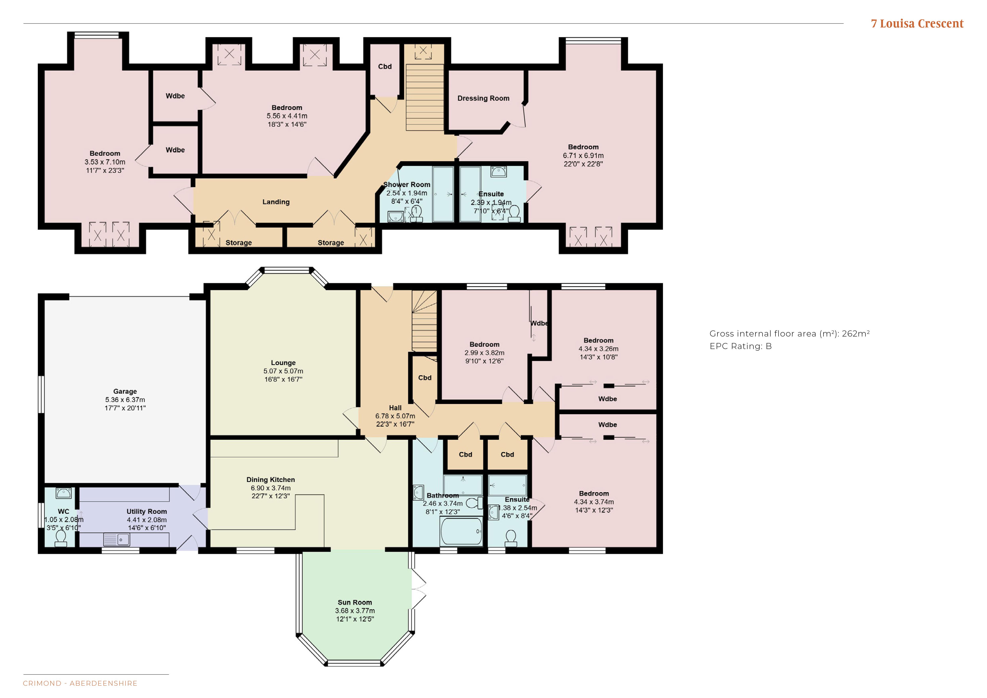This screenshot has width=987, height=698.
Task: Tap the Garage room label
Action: (125, 391)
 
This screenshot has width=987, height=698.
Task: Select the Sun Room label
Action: (355, 602)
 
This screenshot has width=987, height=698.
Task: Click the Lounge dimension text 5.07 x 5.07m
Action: (283, 371)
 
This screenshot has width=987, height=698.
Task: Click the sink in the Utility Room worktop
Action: (117, 539)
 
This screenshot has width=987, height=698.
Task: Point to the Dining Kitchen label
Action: (271, 480)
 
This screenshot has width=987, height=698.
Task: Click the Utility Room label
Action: (147, 512)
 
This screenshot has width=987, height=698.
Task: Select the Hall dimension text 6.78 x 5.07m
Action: (395, 416)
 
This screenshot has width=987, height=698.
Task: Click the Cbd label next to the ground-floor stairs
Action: (425, 378)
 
